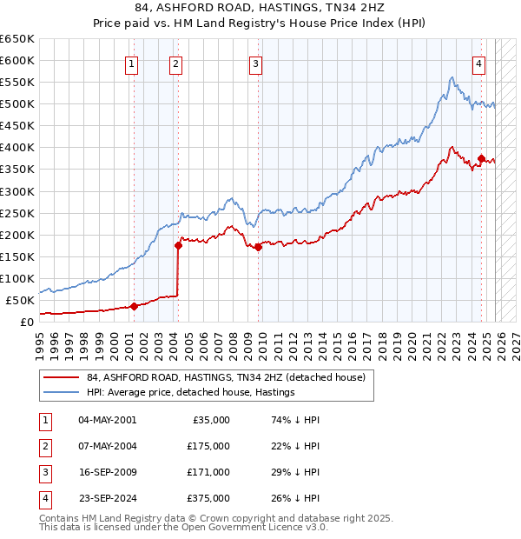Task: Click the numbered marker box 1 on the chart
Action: tap(131, 63)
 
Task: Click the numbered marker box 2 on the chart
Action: tap(175, 63)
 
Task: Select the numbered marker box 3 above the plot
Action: tap(256, 63)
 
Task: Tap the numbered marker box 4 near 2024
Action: tap(478, 63)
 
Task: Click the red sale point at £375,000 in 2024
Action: tap(481, 158)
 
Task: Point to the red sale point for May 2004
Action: tap(178, 245)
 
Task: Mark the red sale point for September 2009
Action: tap(259, 247)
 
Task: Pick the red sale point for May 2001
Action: tap(134, 306)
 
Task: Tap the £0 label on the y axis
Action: tap(26, 322)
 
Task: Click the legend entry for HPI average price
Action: tap(190, 392)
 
